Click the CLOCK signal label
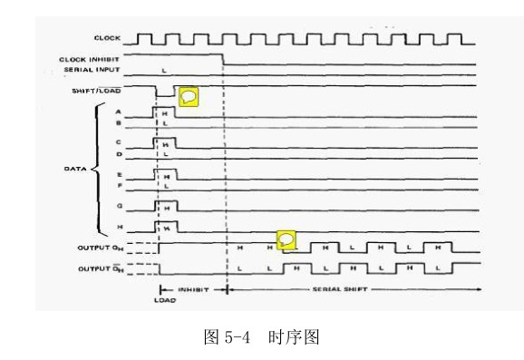click(108, 38)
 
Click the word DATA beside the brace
click(74, 169)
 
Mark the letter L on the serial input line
click(163, 70)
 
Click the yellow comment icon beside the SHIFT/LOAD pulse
click(188, 96)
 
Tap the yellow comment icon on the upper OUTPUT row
click(286, 240)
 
